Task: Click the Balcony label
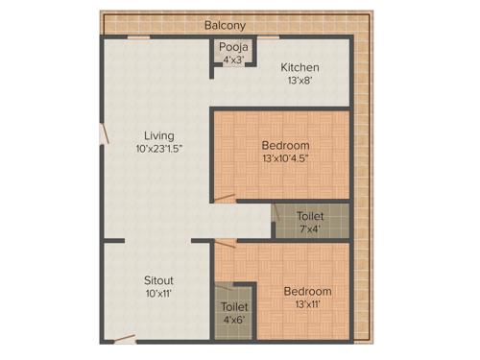point(226,26)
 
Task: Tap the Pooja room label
point(233,47)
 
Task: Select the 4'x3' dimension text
point(233,60)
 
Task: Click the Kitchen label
point(300,68)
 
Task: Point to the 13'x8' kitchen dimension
point(300,83)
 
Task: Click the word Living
point(159,135)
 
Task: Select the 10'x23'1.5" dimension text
point(159,149)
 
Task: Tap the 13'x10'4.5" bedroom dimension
point(284,158)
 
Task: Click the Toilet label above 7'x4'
point(310,216)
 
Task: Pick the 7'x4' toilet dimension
point(310,229)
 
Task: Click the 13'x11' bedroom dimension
point(307,304)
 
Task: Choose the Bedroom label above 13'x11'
point(307,291)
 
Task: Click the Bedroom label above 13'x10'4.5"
point(284,145)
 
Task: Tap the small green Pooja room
point(233,54)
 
